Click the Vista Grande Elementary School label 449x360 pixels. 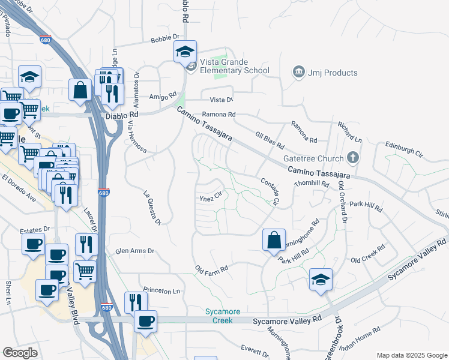click(235, 66)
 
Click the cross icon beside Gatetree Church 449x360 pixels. click(354, 158)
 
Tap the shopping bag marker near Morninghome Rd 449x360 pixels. click(274, 240)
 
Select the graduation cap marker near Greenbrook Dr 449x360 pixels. click(321, 280)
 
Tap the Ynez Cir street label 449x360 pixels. click(211, 196)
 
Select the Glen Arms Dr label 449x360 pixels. click(134, 251)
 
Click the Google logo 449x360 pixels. click(20, 353)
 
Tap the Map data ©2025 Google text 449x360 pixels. click(411, 355)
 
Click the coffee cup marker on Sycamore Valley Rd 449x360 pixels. click(145, 321)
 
